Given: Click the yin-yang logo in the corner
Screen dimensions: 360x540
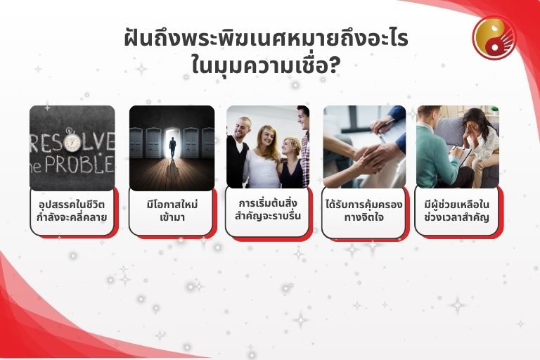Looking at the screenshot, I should click(494, 37).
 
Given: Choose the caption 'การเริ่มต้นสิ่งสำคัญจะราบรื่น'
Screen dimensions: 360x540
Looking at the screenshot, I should click(268, 209).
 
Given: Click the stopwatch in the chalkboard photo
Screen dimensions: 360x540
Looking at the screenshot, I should click(73, 141).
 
